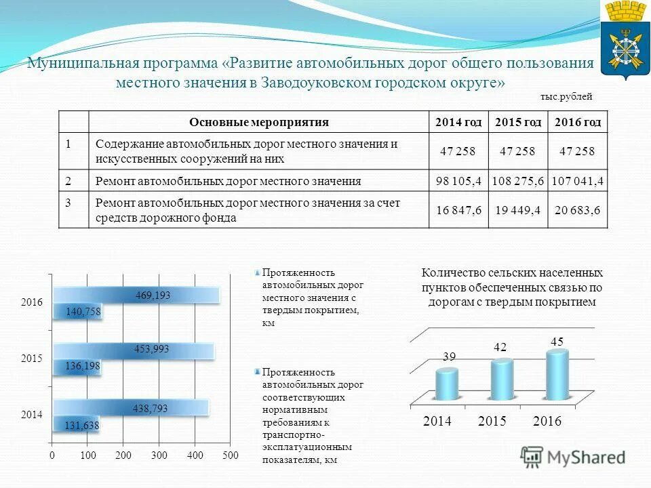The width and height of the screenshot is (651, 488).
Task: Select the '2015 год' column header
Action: tap(518, 122)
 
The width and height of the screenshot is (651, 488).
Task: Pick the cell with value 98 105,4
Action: tap(459, 181)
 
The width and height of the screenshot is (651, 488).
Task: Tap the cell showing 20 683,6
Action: tap(577, 211)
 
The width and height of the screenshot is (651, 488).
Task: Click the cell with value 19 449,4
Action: tap(518, 211)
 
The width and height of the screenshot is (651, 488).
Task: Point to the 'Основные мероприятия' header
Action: tap(259, 122)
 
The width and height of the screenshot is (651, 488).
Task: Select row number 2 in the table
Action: tap(68, 181)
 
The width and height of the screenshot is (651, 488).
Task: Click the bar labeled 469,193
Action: tap(136, 295)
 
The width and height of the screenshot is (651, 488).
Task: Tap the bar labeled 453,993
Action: tap(134, 350)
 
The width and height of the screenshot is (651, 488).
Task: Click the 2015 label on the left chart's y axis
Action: tap(32, 359)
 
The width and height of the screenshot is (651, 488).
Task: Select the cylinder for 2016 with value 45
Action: tap(557, 374)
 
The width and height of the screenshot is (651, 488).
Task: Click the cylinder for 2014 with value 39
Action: tap(447, 384)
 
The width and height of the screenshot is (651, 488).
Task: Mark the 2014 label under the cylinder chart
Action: tap(437, 421)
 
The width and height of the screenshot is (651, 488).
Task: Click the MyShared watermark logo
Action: tap(573, 457)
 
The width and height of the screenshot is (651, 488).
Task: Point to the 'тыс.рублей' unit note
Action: tap(566, 97)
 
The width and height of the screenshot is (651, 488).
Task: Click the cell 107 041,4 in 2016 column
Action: tap(577, 181)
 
